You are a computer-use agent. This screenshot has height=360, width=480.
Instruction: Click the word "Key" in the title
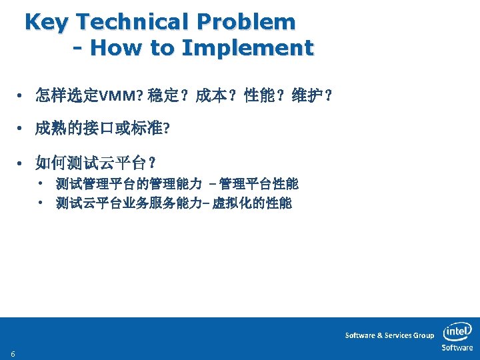coord(46,23)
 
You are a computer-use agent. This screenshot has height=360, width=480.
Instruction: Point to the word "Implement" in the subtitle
coord(247,48)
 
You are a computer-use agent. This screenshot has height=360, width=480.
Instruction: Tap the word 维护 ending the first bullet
coord(311,97)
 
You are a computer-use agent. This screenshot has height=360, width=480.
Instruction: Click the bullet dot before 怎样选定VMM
coord(22,97)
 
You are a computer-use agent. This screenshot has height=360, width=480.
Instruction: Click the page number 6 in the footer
coord(13,353)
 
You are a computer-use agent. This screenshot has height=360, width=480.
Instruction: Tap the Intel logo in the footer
coord(457,331)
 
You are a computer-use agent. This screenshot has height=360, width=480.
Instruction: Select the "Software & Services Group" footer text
coord(389,335)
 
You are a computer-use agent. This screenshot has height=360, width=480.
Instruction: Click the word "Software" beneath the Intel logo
coord(457,348)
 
